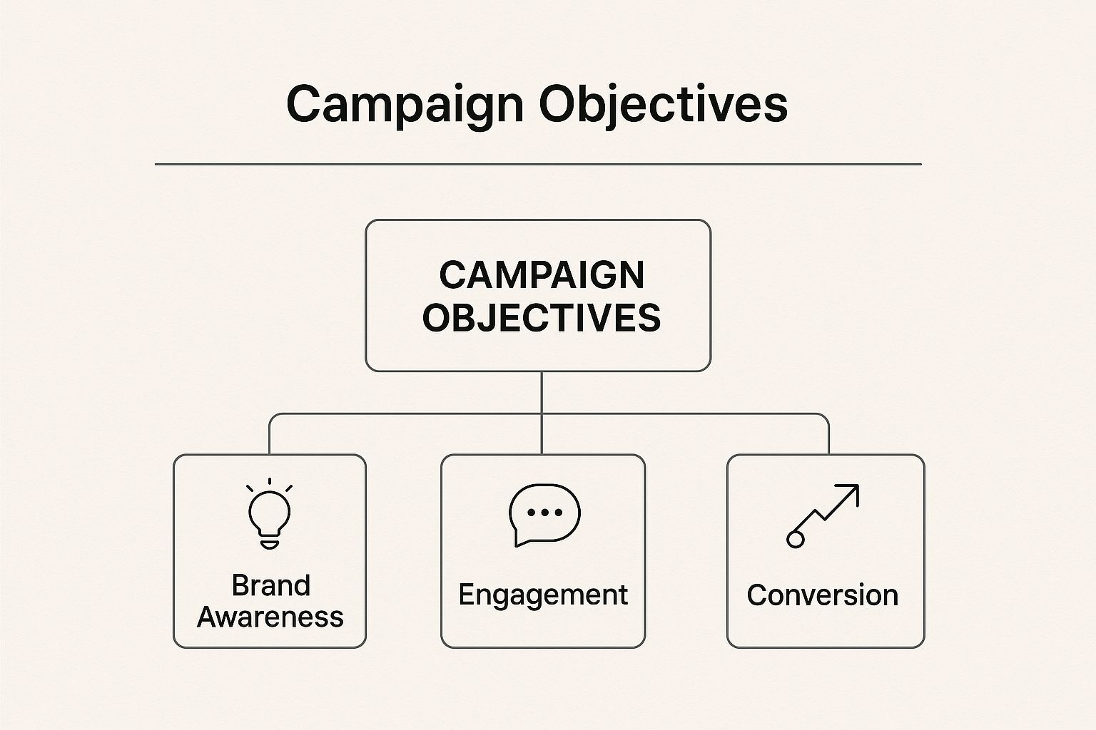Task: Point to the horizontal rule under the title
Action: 538,164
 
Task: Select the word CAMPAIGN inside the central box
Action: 542,275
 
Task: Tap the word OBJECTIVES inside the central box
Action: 542,318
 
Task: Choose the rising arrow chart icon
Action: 823,515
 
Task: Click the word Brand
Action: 270,585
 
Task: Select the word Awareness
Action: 270,617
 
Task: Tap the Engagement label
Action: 543,595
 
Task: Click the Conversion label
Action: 823,595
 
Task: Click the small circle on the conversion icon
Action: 795,539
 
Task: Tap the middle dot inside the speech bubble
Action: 544,512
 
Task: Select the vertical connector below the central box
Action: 542,392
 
